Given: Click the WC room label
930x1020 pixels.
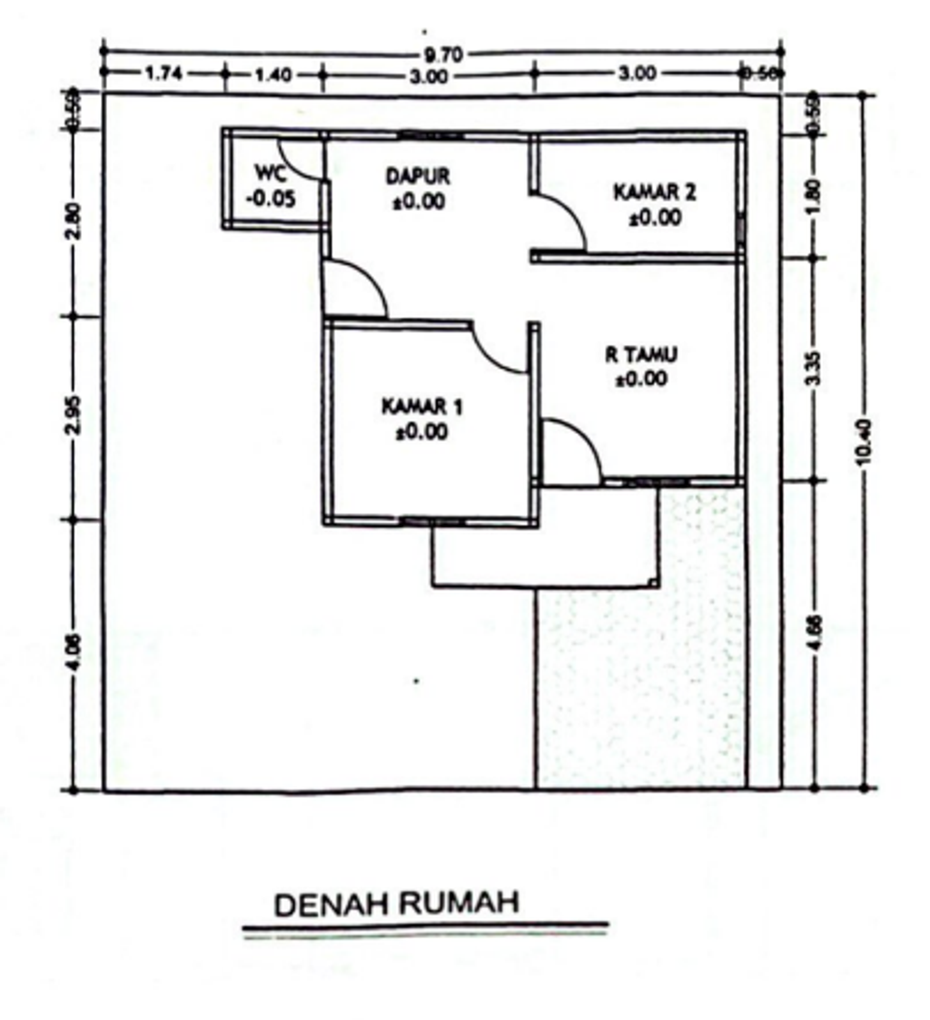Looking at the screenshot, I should pos(270,173).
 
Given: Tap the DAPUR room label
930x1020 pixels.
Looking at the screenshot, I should pos(417,175).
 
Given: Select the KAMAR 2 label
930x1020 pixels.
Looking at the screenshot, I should pos(654,193).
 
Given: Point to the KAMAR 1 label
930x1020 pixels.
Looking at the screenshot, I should pos(421,407).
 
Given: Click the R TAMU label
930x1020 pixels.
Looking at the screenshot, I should pos(642,354).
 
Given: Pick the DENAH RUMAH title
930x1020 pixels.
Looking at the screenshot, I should pos(397,905).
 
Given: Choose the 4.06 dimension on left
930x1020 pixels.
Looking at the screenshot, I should pos(75,653).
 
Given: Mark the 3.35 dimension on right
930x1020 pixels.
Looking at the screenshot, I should pos(815,368).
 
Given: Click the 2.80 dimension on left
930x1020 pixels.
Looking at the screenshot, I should pos(75,221).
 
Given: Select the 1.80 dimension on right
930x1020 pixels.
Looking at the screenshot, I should pos(815,195).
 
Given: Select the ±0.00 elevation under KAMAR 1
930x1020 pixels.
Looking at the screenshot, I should pos(421,432).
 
